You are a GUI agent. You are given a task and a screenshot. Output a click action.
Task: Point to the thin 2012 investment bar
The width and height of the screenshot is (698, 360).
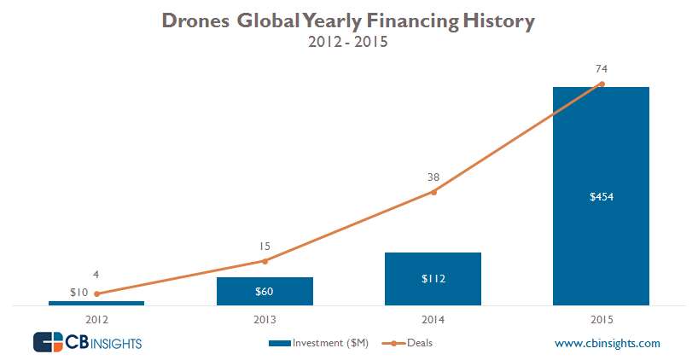point(96,303)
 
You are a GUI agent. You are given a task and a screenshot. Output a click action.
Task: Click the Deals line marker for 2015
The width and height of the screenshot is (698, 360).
point(602,84)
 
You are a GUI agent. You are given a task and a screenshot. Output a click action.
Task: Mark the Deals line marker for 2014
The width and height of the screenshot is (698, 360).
point(433,192)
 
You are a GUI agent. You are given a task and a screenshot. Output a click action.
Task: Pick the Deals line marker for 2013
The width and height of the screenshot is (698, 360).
point(265,261)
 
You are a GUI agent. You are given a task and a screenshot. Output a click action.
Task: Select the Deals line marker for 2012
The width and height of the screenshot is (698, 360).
point(96,293)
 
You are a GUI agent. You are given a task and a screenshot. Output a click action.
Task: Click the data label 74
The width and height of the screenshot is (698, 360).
point(602,68)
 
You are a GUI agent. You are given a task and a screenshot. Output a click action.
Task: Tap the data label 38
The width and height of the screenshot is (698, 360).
point(433,177)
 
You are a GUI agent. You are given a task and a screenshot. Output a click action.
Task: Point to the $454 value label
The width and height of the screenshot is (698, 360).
point(602,197)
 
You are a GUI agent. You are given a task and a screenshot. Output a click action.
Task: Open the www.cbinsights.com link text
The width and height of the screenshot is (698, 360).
point(607,343)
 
